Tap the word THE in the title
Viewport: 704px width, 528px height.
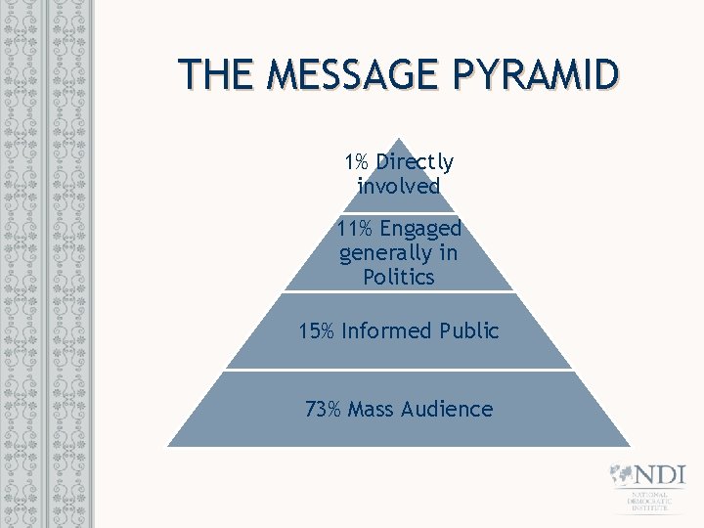click(214, 74)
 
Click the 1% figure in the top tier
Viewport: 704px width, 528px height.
click(355, 161)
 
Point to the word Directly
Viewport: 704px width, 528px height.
click(415, 162)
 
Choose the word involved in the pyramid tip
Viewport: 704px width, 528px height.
click(398, 186)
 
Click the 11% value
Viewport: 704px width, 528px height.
click(352, 229)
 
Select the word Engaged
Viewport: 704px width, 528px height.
click(420, 230)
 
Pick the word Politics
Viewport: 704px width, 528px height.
click(398, 277)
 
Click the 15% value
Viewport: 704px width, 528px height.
click(316, 330)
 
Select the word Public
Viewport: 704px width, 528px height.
click(467, 330)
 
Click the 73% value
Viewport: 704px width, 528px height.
click(322, 409)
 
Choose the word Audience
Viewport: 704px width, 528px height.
click(446, 409)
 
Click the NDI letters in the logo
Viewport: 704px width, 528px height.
click(658, 474)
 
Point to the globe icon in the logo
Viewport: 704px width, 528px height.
click(620, 474)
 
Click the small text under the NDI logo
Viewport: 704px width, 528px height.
click(648, 501)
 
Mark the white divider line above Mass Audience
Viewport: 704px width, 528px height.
click(398, 370)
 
